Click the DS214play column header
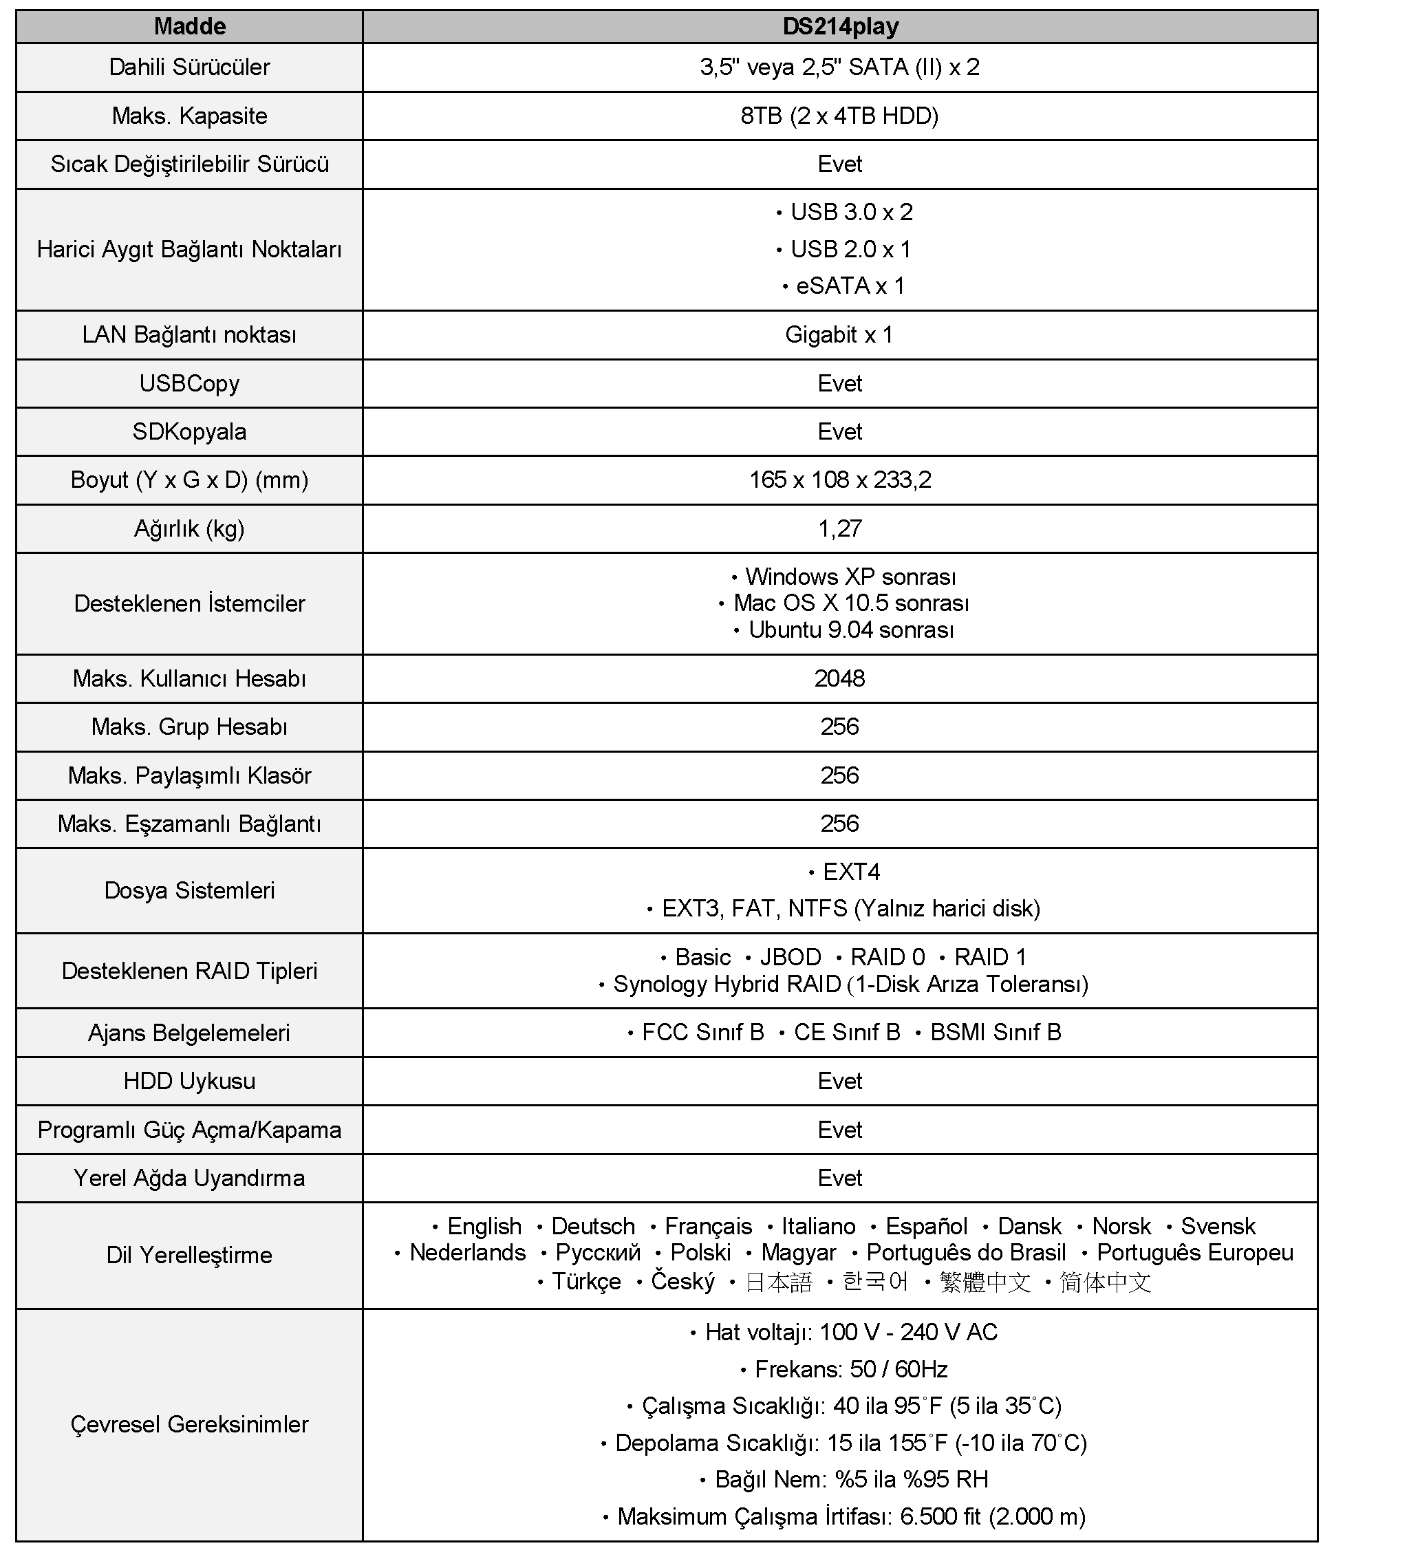pos(840,27)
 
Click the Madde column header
pos(190,27)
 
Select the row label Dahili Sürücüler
pos(190,67)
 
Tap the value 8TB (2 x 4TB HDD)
pos(839,116)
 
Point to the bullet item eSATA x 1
pos(850,286)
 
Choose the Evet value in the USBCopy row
pos(839,383)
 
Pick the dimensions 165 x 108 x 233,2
pos(840,480)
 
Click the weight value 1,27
pos(839,528)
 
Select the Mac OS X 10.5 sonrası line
pos(851,603)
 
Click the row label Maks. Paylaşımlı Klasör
pos(190,775)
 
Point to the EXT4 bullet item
pos(851,872)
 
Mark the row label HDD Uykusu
pos(190,1081)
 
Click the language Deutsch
pos(593,1226)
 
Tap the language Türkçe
pos(586,1282)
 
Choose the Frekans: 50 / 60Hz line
pos(851,1369)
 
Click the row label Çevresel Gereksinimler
pos(190,1424)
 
